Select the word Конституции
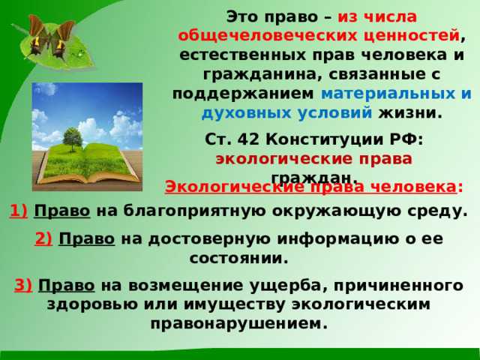point(315,139)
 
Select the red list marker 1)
point(19,211)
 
